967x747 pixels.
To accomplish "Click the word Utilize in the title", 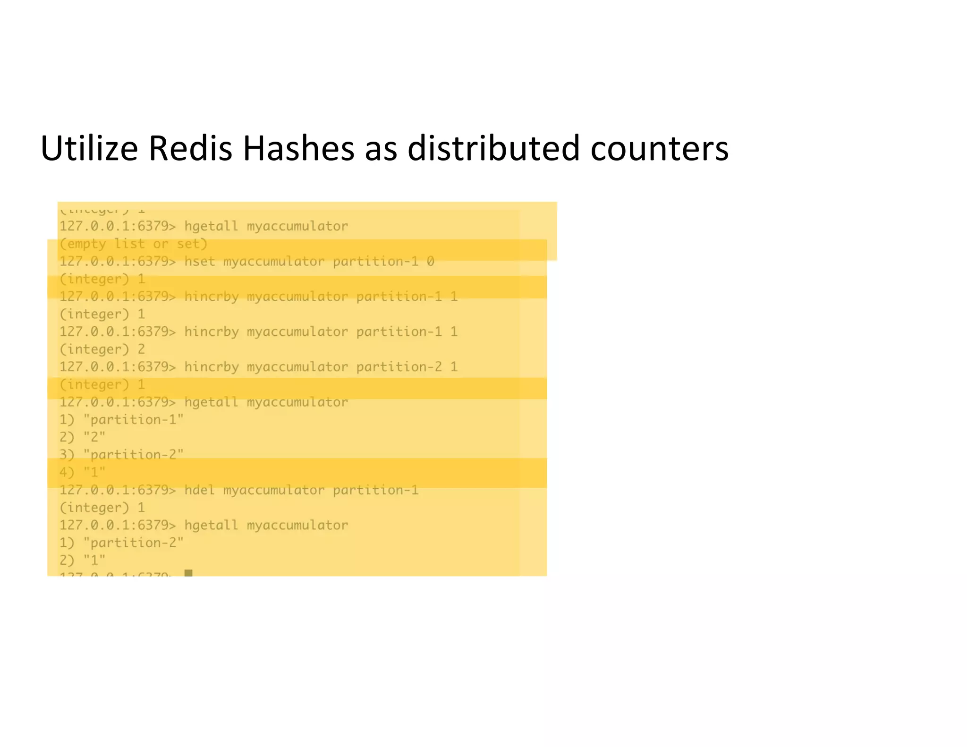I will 89,148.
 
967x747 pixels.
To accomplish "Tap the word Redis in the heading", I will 190,148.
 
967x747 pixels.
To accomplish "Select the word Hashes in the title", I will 298,148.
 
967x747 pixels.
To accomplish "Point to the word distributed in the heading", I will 493,148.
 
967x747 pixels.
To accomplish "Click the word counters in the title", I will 659,149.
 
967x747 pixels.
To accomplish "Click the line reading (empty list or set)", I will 133,244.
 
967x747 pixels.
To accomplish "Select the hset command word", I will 199,261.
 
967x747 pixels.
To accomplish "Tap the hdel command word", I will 199,490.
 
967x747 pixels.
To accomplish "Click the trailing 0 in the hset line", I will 430,261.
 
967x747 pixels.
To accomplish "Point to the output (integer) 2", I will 102,349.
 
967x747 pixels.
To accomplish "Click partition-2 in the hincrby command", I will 399,367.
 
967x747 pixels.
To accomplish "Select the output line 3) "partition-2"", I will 121,455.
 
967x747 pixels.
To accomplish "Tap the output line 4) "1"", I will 83,472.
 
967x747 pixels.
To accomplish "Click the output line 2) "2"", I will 83,437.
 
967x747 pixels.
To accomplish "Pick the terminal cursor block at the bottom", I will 188,573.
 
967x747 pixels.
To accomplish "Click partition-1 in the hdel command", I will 375,490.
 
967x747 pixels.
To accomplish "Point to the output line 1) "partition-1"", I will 121,419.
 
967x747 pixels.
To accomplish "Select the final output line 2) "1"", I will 83,560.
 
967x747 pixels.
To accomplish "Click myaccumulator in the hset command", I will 274,261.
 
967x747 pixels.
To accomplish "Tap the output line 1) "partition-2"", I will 121,543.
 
